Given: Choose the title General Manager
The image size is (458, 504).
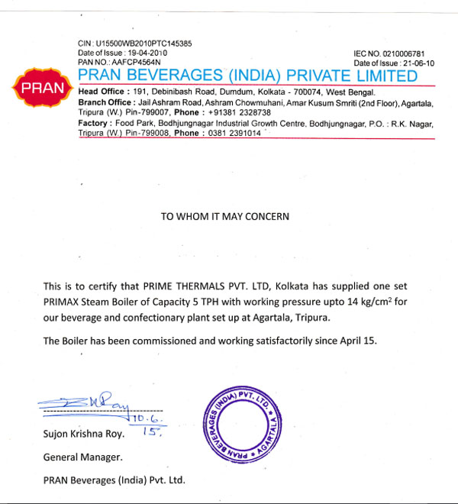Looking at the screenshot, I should tap(79, 458).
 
